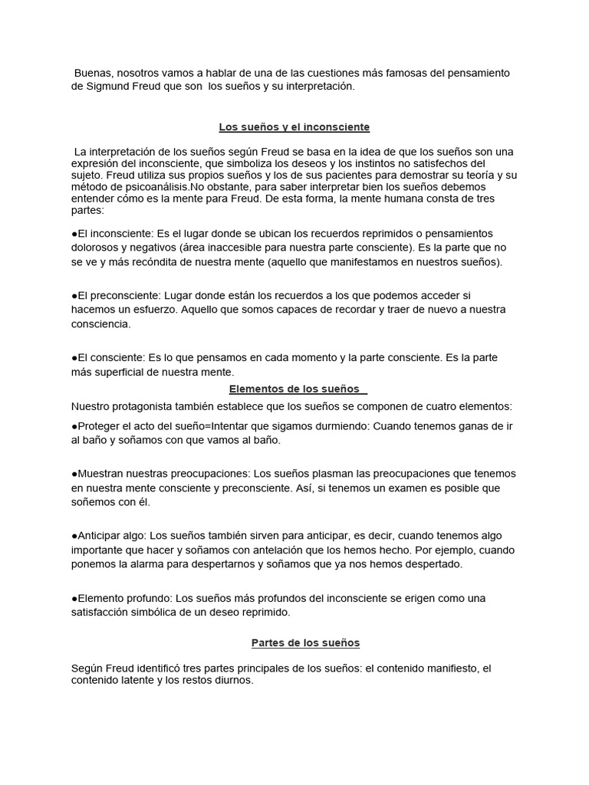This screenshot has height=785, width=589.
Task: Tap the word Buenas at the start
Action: (x=92, y=73)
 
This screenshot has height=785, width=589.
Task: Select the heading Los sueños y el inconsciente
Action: (x=294, y=126)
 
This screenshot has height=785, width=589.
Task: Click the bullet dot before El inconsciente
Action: (x=74, y=234)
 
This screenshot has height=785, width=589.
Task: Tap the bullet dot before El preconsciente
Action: (x=74, y=295)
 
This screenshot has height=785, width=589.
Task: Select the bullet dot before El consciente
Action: (x=74, y=357)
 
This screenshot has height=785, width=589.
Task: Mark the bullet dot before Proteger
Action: (x=74, y=426)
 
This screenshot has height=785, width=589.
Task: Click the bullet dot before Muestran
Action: (x=74, y=474)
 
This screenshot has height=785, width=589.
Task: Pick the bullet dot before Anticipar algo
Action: (x=74, y=536)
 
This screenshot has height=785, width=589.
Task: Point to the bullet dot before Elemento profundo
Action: (x=74, y=598)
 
